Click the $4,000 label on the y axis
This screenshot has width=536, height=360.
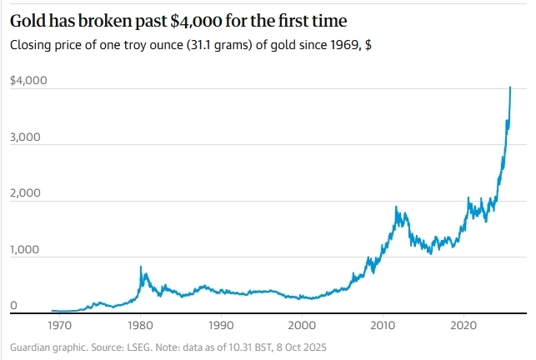coord(28,81)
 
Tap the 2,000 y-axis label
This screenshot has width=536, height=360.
coord(25,194)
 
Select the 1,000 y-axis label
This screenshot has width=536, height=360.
coord(25,251)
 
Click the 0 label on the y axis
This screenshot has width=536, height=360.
coord(13,307)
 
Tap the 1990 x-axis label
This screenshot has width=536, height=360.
coord(220,325)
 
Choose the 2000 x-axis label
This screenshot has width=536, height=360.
coord(302,325)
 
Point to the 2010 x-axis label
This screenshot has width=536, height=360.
coord(383,325)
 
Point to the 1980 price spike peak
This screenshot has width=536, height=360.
coord(140,267)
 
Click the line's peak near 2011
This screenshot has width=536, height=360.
coord(396,207)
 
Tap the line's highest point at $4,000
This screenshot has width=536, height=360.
coord(510,87)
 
